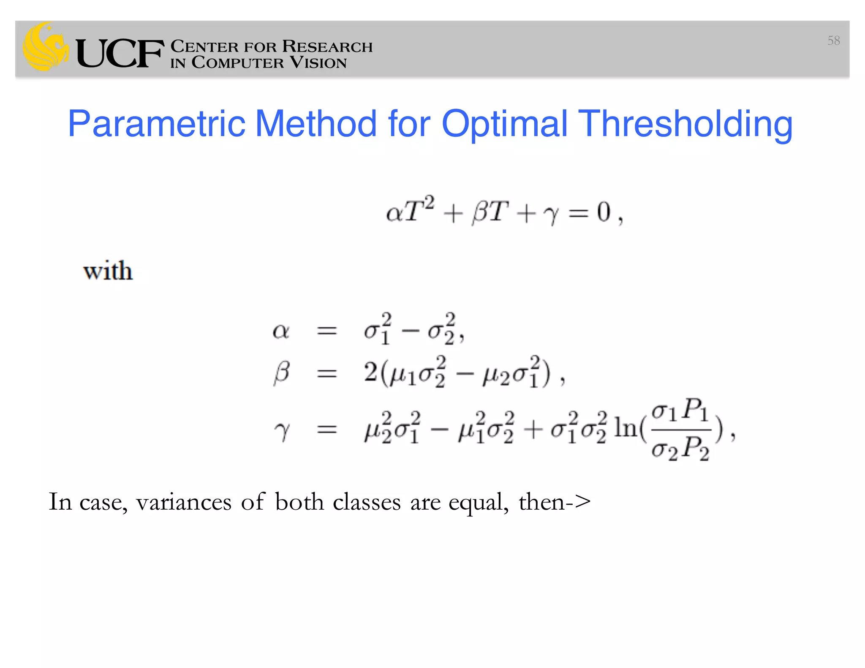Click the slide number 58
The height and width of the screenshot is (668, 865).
(833, 41)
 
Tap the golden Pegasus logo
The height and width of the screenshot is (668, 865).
(46, 46)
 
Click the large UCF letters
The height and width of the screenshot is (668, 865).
(120, 53)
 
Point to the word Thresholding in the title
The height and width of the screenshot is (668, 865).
(685, 124)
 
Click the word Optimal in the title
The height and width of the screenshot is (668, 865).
(504, 124)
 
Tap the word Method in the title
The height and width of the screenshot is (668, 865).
(316, 124)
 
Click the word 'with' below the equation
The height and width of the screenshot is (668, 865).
(108, 271)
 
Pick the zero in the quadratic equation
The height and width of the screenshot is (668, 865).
(604, 212)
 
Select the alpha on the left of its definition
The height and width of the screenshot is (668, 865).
(281, 331)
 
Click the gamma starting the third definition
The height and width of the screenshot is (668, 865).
(282, 431)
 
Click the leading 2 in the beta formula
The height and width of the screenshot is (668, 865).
(370, 372)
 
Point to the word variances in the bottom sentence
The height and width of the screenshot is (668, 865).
(184, 502)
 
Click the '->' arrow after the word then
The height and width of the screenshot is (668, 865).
(578, 502)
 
